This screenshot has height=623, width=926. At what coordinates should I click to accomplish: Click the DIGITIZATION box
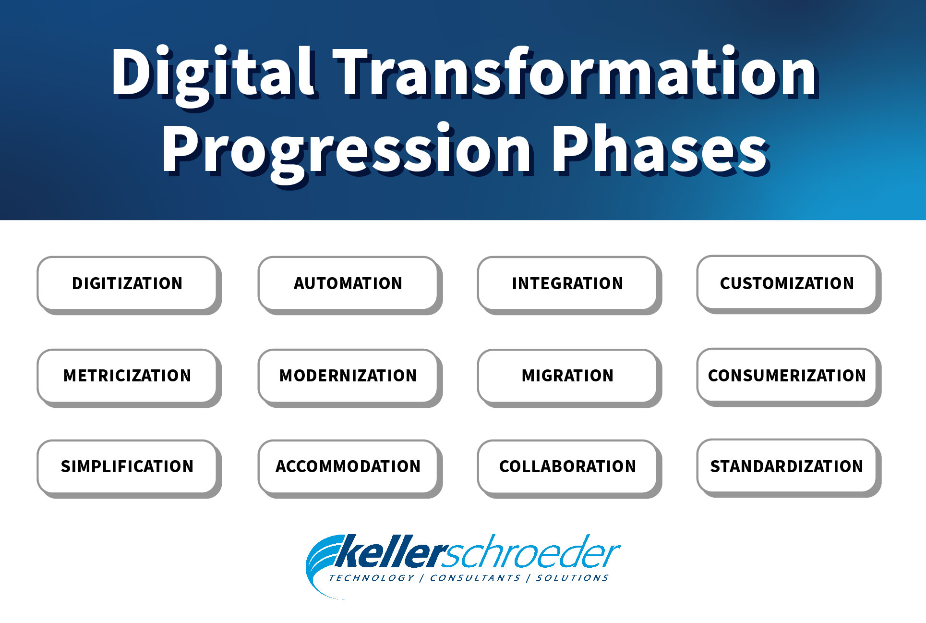tap(127, 283)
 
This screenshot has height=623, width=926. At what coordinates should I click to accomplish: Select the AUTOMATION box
tap(348, 283)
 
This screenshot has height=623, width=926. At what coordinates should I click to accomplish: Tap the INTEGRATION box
tap(567, 283)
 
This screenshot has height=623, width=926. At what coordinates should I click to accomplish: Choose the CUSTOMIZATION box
tap(787, 283)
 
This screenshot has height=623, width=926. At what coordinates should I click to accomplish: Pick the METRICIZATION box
tap(127, 376)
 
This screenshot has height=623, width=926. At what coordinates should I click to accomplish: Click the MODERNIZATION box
tap(348, 376)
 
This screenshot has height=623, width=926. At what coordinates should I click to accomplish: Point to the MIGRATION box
tap(567, 376)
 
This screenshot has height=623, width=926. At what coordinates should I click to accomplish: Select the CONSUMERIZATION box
tap(787, 375)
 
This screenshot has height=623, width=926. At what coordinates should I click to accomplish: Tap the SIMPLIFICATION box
tap(127, 466)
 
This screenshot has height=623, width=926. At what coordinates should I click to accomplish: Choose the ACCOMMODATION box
tap(348, 466)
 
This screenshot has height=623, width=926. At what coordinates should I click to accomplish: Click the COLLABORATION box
tap(567, 466)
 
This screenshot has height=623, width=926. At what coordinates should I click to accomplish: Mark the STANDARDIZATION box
tap(787, 466)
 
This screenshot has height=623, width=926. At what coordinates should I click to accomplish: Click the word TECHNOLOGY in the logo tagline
tap(372, 578)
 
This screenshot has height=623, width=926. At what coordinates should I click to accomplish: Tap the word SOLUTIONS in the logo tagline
tap(572, 578)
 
